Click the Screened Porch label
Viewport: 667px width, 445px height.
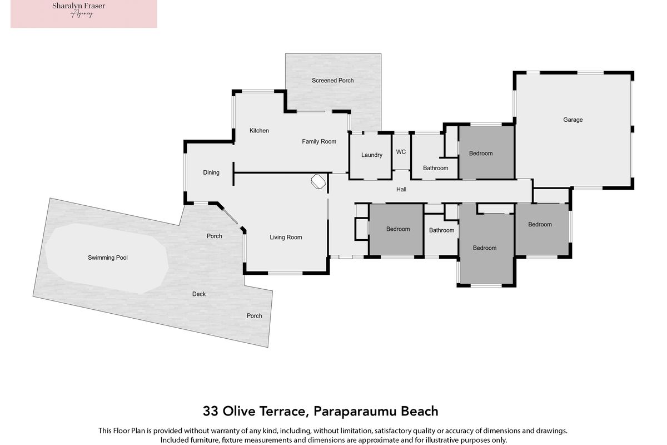332,81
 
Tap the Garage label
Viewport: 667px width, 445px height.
573,120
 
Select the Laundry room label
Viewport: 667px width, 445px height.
372,155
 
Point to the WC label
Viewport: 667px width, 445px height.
401,152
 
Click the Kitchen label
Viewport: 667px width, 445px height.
259,131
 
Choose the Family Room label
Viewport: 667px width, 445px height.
319,142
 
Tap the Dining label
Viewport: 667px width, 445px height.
211,172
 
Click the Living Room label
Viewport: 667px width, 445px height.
286,238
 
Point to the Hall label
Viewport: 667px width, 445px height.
401,189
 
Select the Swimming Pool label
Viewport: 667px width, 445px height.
107,258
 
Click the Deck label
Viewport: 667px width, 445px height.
198,294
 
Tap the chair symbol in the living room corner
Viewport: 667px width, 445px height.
318,181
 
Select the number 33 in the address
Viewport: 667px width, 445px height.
211,411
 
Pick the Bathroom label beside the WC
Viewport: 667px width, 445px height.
435,168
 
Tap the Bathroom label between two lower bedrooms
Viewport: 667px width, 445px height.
441,230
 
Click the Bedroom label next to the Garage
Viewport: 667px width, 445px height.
481,154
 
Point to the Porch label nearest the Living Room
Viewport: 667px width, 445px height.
214,236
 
